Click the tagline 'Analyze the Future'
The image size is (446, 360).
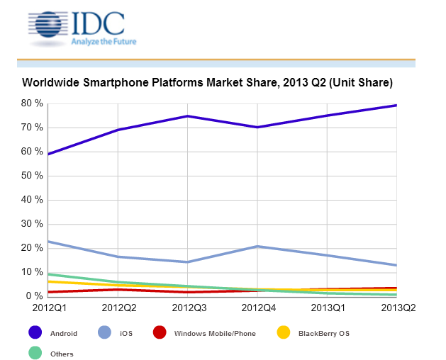(104, 42)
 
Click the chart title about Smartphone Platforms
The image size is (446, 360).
(208, 84)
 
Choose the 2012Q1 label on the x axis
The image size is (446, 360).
(48, 308)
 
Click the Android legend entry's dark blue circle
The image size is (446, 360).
(33, 332)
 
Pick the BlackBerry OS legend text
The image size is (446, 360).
(325, 332)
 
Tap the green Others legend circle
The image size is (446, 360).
(33, 353)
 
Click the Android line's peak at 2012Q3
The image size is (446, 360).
(187, 116)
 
